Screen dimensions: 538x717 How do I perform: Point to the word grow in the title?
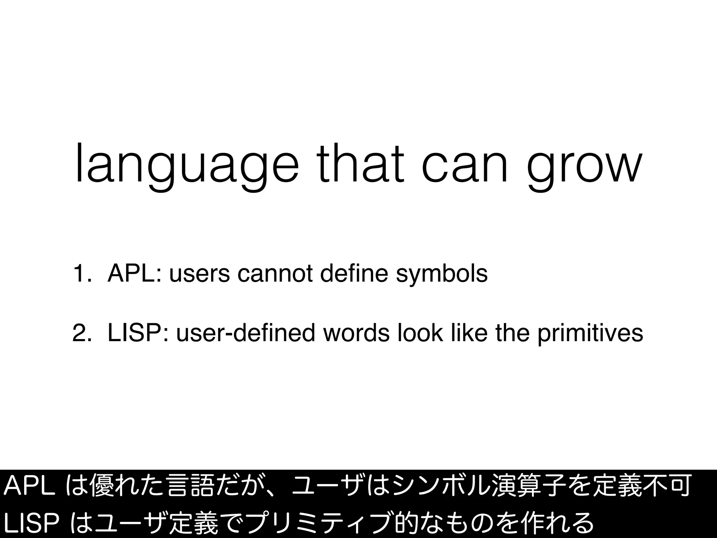[x=585, y=166]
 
